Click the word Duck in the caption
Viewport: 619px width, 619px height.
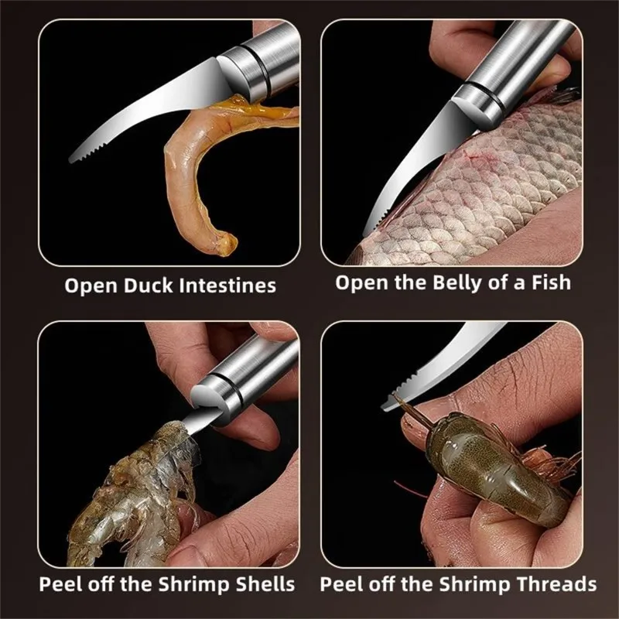149,286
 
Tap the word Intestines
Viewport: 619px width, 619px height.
227,286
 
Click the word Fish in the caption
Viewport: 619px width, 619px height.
551,282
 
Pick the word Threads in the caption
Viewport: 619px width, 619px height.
559,584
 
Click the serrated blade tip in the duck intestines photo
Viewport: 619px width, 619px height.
72,159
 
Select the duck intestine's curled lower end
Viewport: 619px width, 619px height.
226,244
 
